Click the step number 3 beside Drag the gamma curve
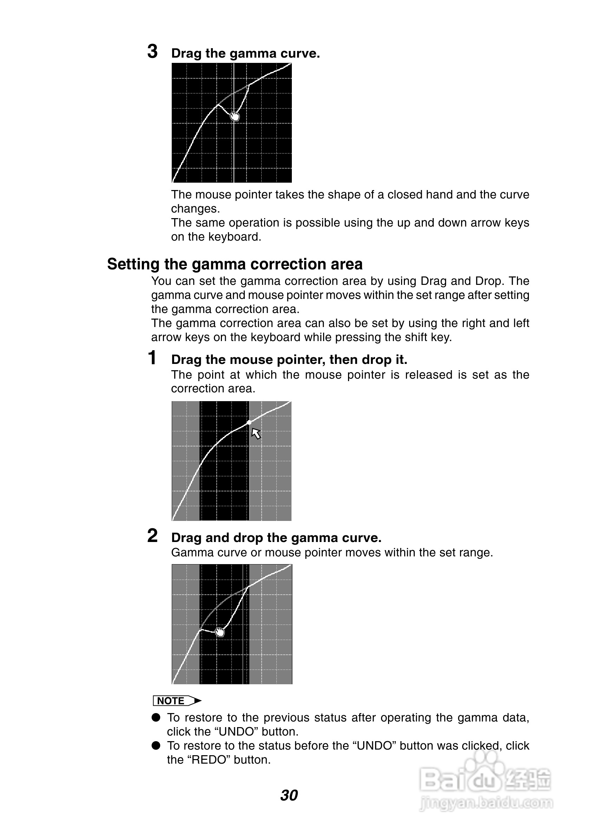click(x=152, y=51)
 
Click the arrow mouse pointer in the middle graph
click(x=256, y=433)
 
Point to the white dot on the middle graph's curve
click(x=249, y=422)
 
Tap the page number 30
click(x=289, y=795)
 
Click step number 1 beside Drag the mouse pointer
click(x=152, y=358)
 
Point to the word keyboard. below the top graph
click(x=234, y=237)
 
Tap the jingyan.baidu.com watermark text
click(x=486, y=803)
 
